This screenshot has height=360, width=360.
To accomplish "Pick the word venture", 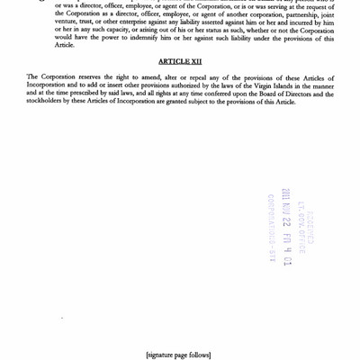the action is click(x=67, y=31).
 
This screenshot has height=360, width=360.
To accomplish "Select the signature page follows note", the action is click(x=178, y=354).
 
